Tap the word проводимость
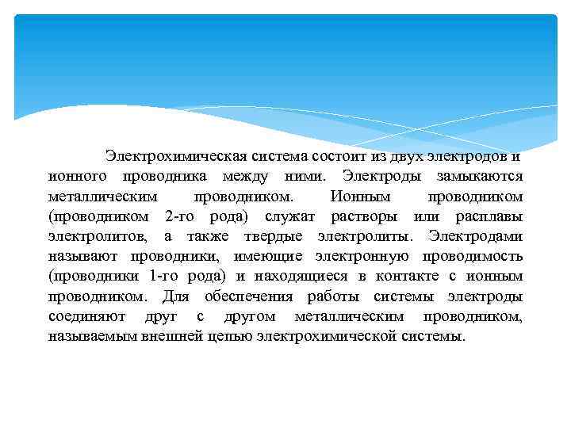click(x=475, y=256)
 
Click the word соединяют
click(x=83, y=317)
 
